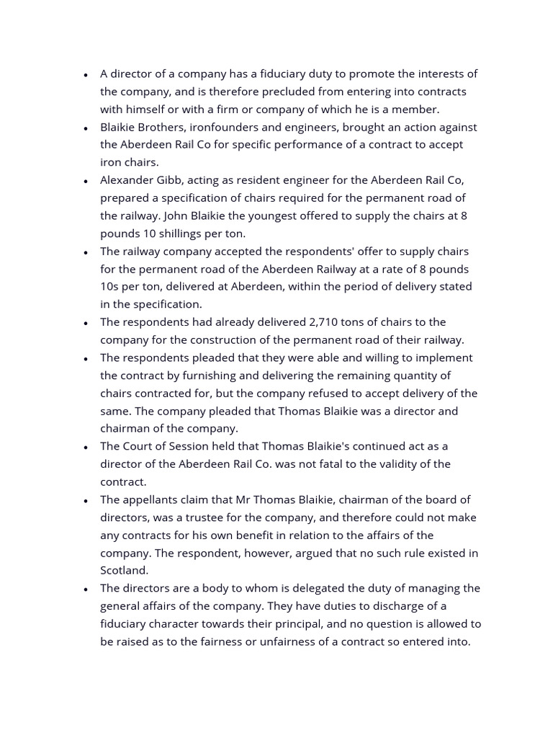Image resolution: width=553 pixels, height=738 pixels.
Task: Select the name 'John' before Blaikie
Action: (x=179, y=215)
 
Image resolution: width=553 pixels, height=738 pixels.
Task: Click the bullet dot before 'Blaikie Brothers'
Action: (x=86, y=128)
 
